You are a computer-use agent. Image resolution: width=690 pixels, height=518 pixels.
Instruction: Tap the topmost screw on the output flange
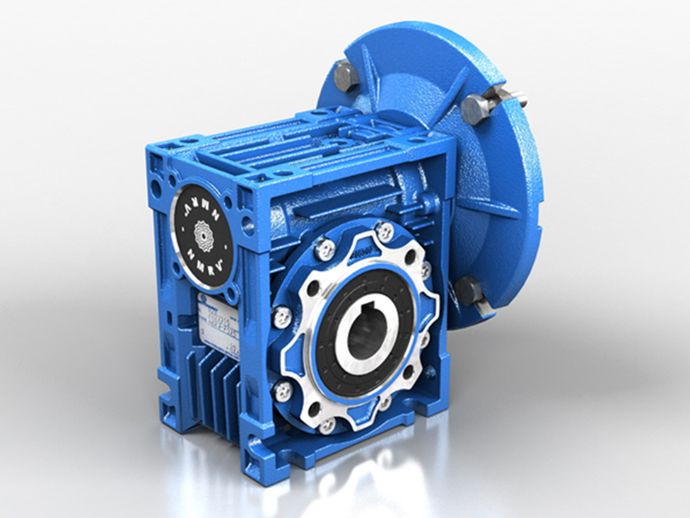click(x=385, y=231)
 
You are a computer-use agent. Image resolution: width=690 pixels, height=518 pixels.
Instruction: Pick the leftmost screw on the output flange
click(x=281, y=316)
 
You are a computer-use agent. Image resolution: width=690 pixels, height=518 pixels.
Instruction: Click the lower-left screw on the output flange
click(x=283, y=391)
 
